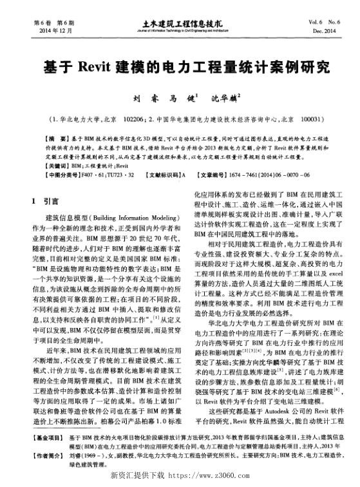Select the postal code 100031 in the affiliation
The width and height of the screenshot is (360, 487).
click(x=313, y=119)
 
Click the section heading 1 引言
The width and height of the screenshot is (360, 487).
click(x=46, y=200)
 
